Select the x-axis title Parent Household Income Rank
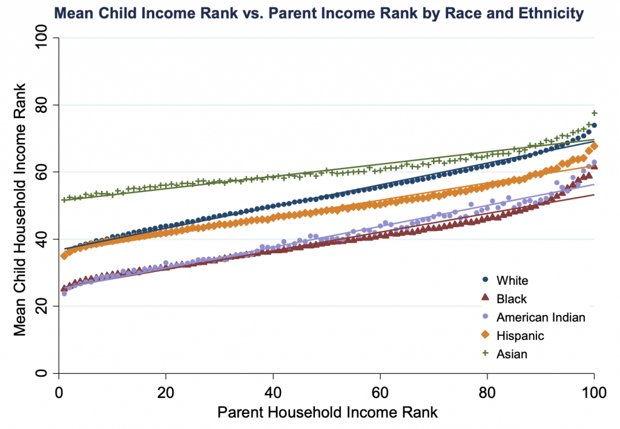(328, 412)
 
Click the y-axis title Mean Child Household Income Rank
(20, 210)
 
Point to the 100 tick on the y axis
(41, 37)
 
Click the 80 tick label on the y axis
(41, 104)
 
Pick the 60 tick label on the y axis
(41, 171)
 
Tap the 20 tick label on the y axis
(41, 306)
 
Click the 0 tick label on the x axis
(59, 393)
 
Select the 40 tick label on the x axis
(273, 393)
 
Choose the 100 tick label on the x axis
(594, 393)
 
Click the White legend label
(512, 281)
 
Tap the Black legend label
(512, 299)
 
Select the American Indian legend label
(541, 318)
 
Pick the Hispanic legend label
(520, 336)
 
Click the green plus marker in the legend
(485, 353)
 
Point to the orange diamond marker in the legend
(485, 335)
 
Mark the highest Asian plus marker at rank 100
(594, 113)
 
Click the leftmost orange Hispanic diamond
(64, 256)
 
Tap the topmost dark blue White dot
(594, 125)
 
